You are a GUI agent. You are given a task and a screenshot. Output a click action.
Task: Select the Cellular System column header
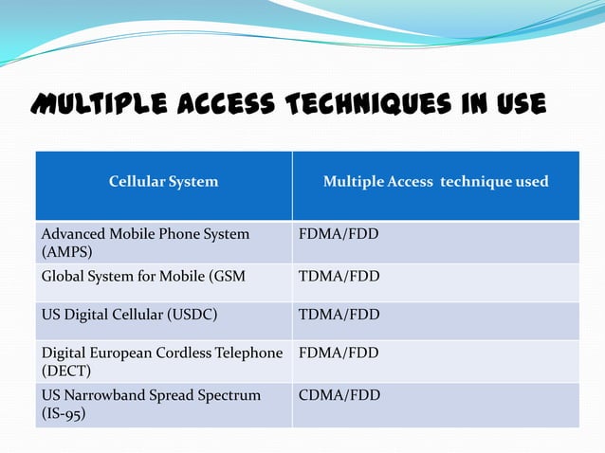click(x=163, y=181)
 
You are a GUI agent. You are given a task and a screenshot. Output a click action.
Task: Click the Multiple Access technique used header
click(x=435, y=181)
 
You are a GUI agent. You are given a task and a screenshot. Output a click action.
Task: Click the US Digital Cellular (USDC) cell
click(x=122, y=315)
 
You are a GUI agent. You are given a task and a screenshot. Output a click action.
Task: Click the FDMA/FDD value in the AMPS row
click(x=339, y=233)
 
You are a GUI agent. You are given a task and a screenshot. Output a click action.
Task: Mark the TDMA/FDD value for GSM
click(x=339, y=277)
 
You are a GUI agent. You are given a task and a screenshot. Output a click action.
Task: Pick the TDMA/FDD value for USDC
click(x=339, y=315)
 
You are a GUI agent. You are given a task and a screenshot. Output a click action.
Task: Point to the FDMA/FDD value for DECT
click(x=339, y=353)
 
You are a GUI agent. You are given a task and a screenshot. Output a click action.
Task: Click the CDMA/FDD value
click(x=339, y=394)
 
